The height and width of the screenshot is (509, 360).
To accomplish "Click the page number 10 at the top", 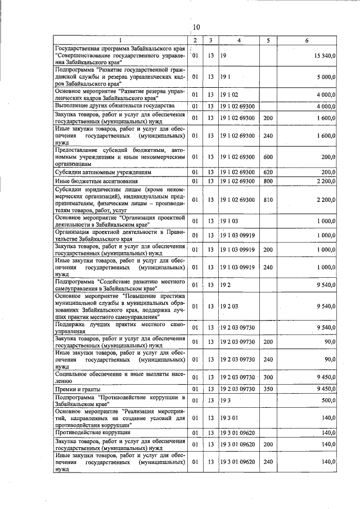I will point(196,27).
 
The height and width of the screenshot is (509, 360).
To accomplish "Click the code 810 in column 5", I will point(267,200).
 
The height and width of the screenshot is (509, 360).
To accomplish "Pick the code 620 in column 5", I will point(267,172).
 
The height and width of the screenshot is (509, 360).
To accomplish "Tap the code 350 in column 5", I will point(267,389).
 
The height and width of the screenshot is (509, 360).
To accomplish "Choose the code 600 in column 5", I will point(267,157).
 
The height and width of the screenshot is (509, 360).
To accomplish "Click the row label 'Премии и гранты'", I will point(78,389).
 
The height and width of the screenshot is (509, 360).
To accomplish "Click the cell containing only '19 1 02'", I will point(231,94).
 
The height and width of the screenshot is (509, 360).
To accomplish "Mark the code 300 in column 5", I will point(267,376).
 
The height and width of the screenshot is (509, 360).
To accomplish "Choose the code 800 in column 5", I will point(267,181).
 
